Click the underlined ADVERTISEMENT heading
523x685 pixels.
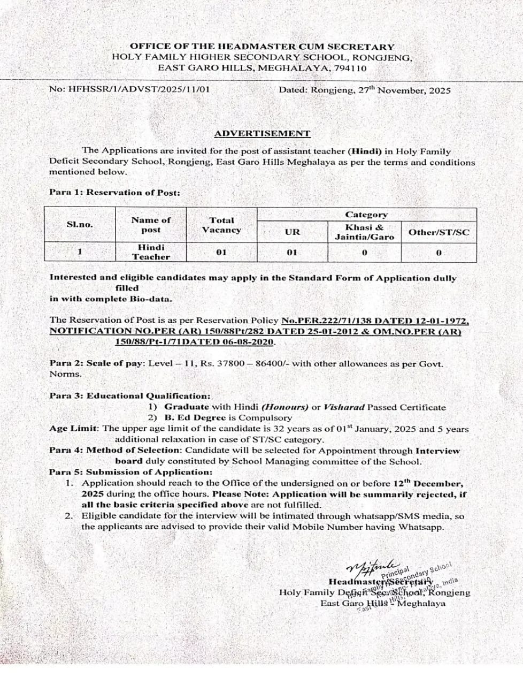pos(262,133)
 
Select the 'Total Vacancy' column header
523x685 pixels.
pos(221,225)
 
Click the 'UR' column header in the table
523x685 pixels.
pos(292,232)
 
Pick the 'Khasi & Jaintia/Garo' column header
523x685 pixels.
pos(364,232)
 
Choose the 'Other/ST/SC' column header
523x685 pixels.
pos(439,232)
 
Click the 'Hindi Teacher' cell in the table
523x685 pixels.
pos(151,252)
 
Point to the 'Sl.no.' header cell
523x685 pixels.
pos(80,224)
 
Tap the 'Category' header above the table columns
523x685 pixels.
pos(366,215)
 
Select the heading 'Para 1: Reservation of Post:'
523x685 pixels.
pos(114,192)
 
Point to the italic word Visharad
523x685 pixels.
pos(344,407)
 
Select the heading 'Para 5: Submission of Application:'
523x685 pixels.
pos(130,472)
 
